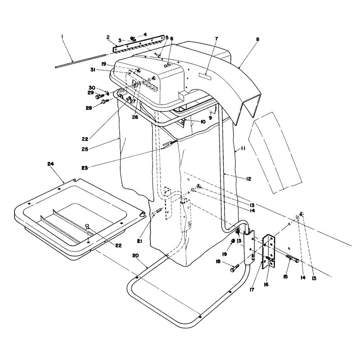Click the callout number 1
click(x=62, y=36)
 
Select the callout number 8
click(x=257, y=39)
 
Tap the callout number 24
click(x=50, y=164)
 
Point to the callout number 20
click(x=136, y=256)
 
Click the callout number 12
click(x=248, y=179)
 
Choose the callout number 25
click(x=85, y=149)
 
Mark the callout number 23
click(x=85, y=168)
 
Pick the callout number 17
click(x=252, y=290)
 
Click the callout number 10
click(x=203, y=121)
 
